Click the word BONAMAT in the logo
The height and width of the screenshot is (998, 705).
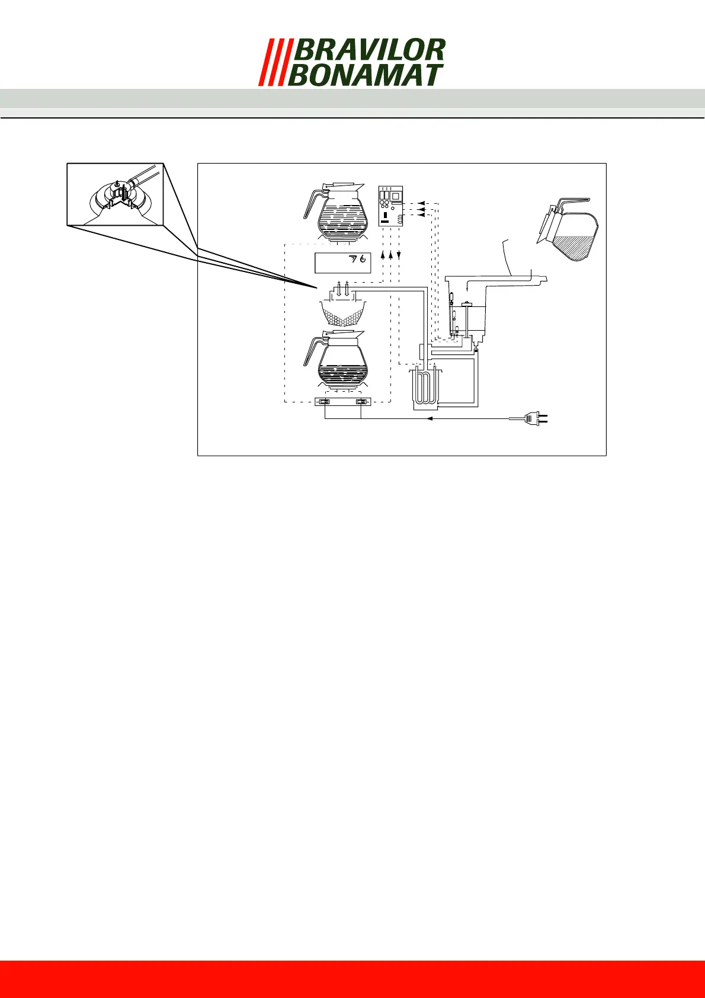pyautogui.click(x=365, y=75)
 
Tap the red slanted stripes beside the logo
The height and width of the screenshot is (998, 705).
pyautogui.click(x=272, y=62)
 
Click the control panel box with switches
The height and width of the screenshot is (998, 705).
pyautogui.click(x=390, y=207)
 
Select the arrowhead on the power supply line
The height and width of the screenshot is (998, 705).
pyautogui.click(x=431, y=419)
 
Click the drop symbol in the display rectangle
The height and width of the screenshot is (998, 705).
pyautogui.click(x=362, y=259)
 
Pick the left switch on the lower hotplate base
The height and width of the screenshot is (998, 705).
pyautogui.click(x=324, y=403)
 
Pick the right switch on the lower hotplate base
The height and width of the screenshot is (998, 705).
pyautogui.click(x=360, y=403)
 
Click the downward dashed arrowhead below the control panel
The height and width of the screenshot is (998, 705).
pyautogui.click(x=399, y=255)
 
